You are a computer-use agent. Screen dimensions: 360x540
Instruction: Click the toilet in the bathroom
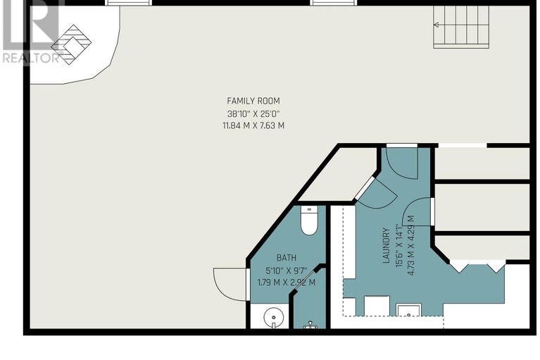(309, 221)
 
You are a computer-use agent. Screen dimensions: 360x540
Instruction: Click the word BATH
(286, 258)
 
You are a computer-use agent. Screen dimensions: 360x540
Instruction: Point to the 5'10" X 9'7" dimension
(286, 270)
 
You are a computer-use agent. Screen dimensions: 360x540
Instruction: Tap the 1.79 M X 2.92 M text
(286, 283)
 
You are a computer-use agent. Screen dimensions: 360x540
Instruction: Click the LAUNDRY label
(386, 245)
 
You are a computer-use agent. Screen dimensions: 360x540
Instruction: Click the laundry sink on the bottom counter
(409, 311)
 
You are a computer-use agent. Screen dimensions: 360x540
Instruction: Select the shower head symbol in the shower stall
(309, 325)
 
